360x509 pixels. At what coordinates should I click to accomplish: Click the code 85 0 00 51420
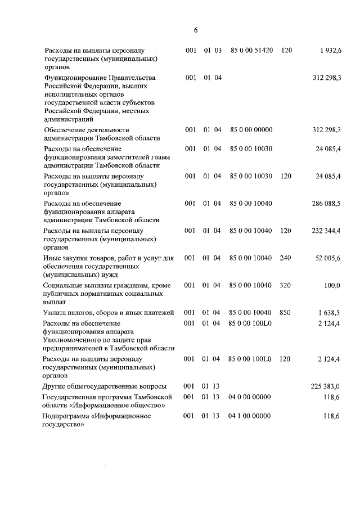point(251,51)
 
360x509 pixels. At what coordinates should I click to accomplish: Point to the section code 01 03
point(213,51)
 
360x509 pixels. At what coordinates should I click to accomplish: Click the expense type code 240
point(286,258)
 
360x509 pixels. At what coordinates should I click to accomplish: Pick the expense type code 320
point(286,286)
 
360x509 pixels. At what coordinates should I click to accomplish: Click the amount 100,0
point(332,286)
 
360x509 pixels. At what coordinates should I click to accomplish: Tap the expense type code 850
point(286,313)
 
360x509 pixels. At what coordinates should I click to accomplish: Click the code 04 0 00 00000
point(250,397)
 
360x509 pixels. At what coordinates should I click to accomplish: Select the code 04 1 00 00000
point(250,416)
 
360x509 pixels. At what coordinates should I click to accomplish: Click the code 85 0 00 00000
point(251,130)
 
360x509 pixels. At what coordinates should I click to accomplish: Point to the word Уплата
point(56,313)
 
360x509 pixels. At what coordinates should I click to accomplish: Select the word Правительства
point(129,78)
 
